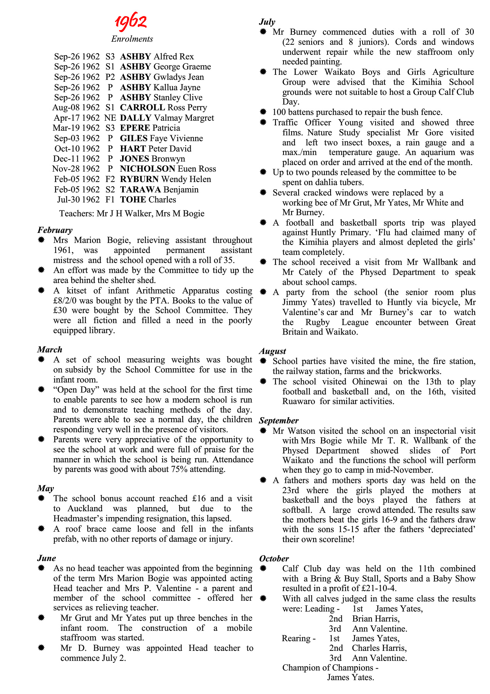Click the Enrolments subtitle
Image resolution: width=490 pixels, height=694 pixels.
tap(132, 39)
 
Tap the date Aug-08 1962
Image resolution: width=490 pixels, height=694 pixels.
tap(76, 108)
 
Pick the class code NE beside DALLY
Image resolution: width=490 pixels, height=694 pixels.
tap(110, 118)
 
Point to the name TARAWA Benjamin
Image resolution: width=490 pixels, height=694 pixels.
tap(159, 190)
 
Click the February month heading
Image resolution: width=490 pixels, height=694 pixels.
tap(55, 230)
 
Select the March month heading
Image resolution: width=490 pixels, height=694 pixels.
tap(50, 350)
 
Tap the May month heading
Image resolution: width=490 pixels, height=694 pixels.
tap(45, 488)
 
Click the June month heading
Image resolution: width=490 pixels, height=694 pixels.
tap(47, 558)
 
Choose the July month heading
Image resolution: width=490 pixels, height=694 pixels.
tap(267, 22)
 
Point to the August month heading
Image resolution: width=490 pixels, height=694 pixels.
tap(272, 351)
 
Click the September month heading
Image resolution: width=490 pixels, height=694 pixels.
tap(279, 421)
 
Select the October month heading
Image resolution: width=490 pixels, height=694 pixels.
tap(274, 559)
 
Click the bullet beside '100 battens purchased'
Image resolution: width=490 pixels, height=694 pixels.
tap(263, 112)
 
